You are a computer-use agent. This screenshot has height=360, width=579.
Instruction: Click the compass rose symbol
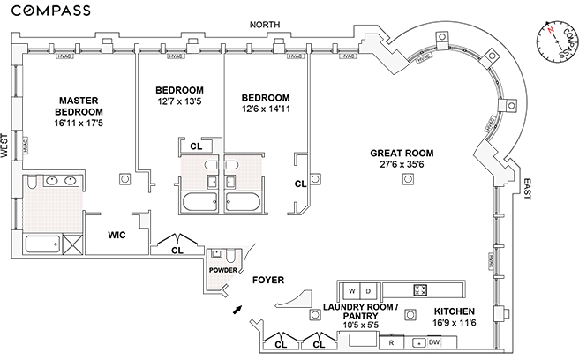pyautogui.click(x=555, y=40)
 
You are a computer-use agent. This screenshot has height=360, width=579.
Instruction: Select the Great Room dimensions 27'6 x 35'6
pyautogui.click(x=408, y=163)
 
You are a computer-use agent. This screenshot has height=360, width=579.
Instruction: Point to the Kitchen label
pyautogui.click(x=455, y=312)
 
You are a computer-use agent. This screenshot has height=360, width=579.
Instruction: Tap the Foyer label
pyautogui.click(x=267, y=281)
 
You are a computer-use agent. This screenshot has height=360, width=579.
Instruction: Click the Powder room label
pyautogui.click(x=221, y=270)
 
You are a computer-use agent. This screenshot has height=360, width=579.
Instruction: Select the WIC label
pyautogui.click(x=119, y=236)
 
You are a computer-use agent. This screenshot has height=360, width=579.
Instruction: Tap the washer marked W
pyautogui.click(x=351, y=290)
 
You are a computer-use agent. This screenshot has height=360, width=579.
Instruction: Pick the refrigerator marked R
pyautogui.click(x=391, y=342)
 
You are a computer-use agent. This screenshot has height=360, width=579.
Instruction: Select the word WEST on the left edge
pyautogui.click(x=6, y=146)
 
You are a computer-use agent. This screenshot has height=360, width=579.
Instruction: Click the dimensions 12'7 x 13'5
pyautogui.click(x=180, y=102)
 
